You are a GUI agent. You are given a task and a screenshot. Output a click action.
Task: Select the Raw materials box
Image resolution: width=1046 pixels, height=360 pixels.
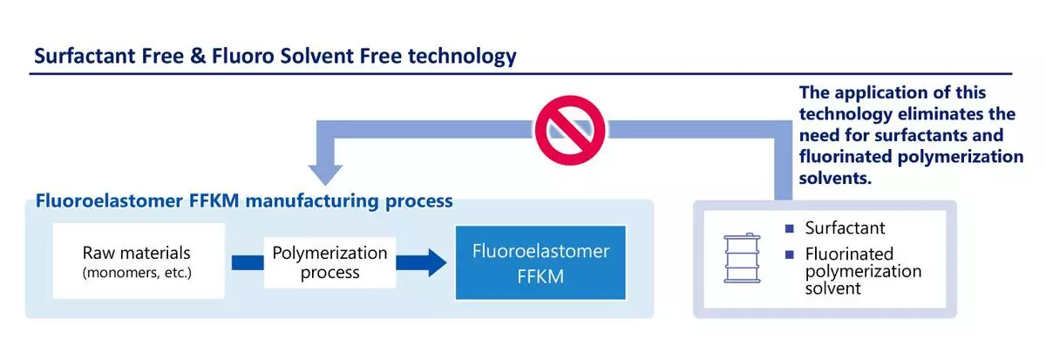(136, 262)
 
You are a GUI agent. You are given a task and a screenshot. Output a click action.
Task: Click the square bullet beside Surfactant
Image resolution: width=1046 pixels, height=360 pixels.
(790, 228)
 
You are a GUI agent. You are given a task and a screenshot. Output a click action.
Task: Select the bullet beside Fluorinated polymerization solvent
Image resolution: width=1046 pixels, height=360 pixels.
(790, 255)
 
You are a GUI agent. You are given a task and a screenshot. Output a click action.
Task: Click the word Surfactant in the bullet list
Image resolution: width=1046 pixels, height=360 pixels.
(845, 228)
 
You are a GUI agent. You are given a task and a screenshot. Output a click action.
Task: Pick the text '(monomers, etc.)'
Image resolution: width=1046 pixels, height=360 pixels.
(136, 274)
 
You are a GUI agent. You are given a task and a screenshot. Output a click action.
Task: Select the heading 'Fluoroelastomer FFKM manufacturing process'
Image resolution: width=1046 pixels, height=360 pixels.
(244, 201)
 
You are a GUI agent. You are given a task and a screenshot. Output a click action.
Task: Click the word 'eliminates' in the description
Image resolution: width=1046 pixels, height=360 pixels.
(968, 114)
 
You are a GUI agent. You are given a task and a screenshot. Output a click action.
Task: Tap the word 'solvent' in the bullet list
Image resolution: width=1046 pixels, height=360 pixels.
(833, 288)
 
